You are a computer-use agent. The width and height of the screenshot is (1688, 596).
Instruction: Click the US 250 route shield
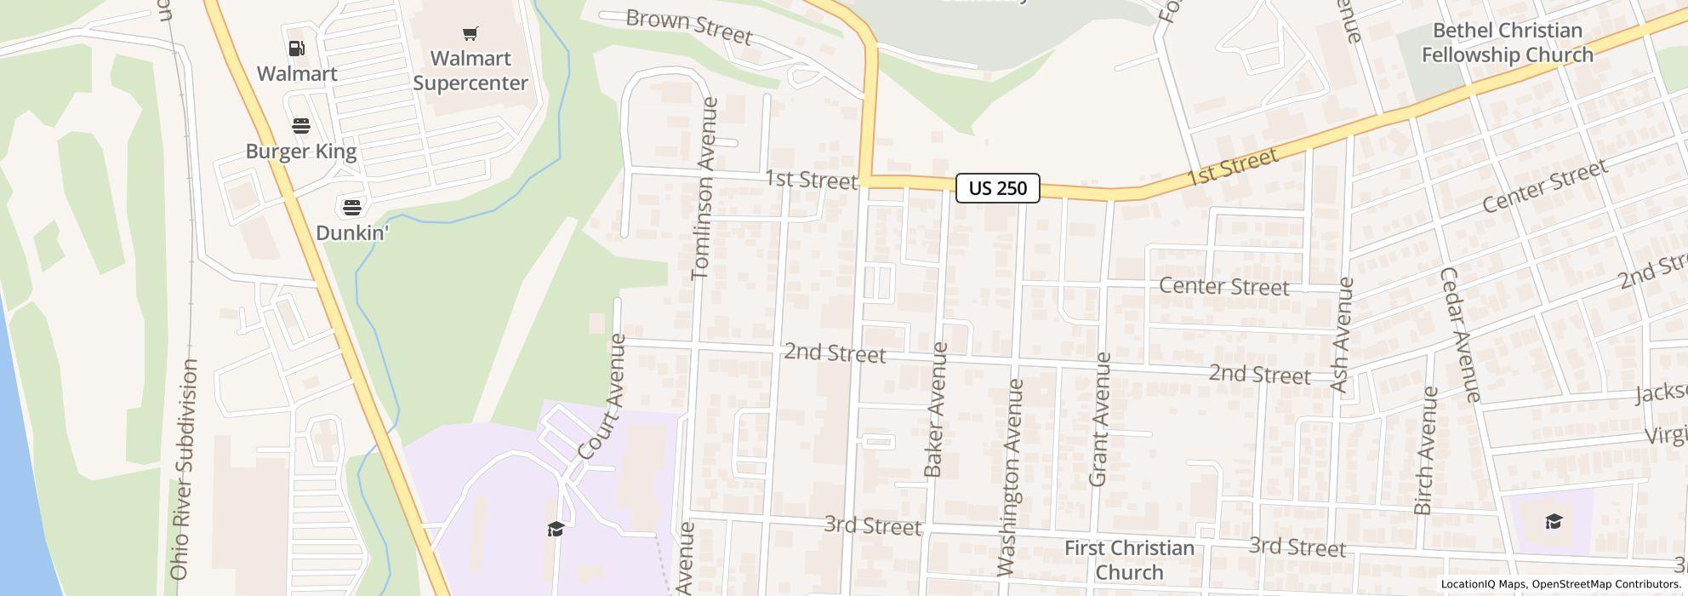point(997,188)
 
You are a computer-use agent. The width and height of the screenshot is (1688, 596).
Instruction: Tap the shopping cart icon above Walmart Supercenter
point(470,34)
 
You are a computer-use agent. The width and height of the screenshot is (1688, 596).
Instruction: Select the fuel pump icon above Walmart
point(297,49)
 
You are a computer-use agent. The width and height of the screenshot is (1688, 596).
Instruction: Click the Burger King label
point(301,152)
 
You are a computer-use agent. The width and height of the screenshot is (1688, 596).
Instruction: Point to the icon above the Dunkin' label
point(351,207)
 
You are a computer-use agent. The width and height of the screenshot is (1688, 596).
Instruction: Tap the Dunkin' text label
point(351,232)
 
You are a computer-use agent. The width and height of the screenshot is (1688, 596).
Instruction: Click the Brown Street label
point(688,27)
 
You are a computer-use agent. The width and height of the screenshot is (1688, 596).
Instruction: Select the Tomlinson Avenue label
point(707,188)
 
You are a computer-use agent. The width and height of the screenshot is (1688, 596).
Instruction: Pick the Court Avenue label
point(603,397)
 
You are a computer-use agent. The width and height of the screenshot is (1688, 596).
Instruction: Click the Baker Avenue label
point(935,409)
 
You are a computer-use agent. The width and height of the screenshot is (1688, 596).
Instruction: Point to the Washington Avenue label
point(1010,477)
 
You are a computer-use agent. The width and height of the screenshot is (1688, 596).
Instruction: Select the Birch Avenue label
point(1425,450)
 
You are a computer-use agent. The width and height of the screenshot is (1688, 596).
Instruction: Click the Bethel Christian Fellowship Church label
point(1507,43)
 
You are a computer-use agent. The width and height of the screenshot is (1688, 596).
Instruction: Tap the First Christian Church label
point(1129,559)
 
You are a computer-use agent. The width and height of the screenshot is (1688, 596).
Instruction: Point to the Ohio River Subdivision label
point(183,469)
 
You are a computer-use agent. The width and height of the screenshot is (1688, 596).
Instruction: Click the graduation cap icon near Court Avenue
point(556,529)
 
